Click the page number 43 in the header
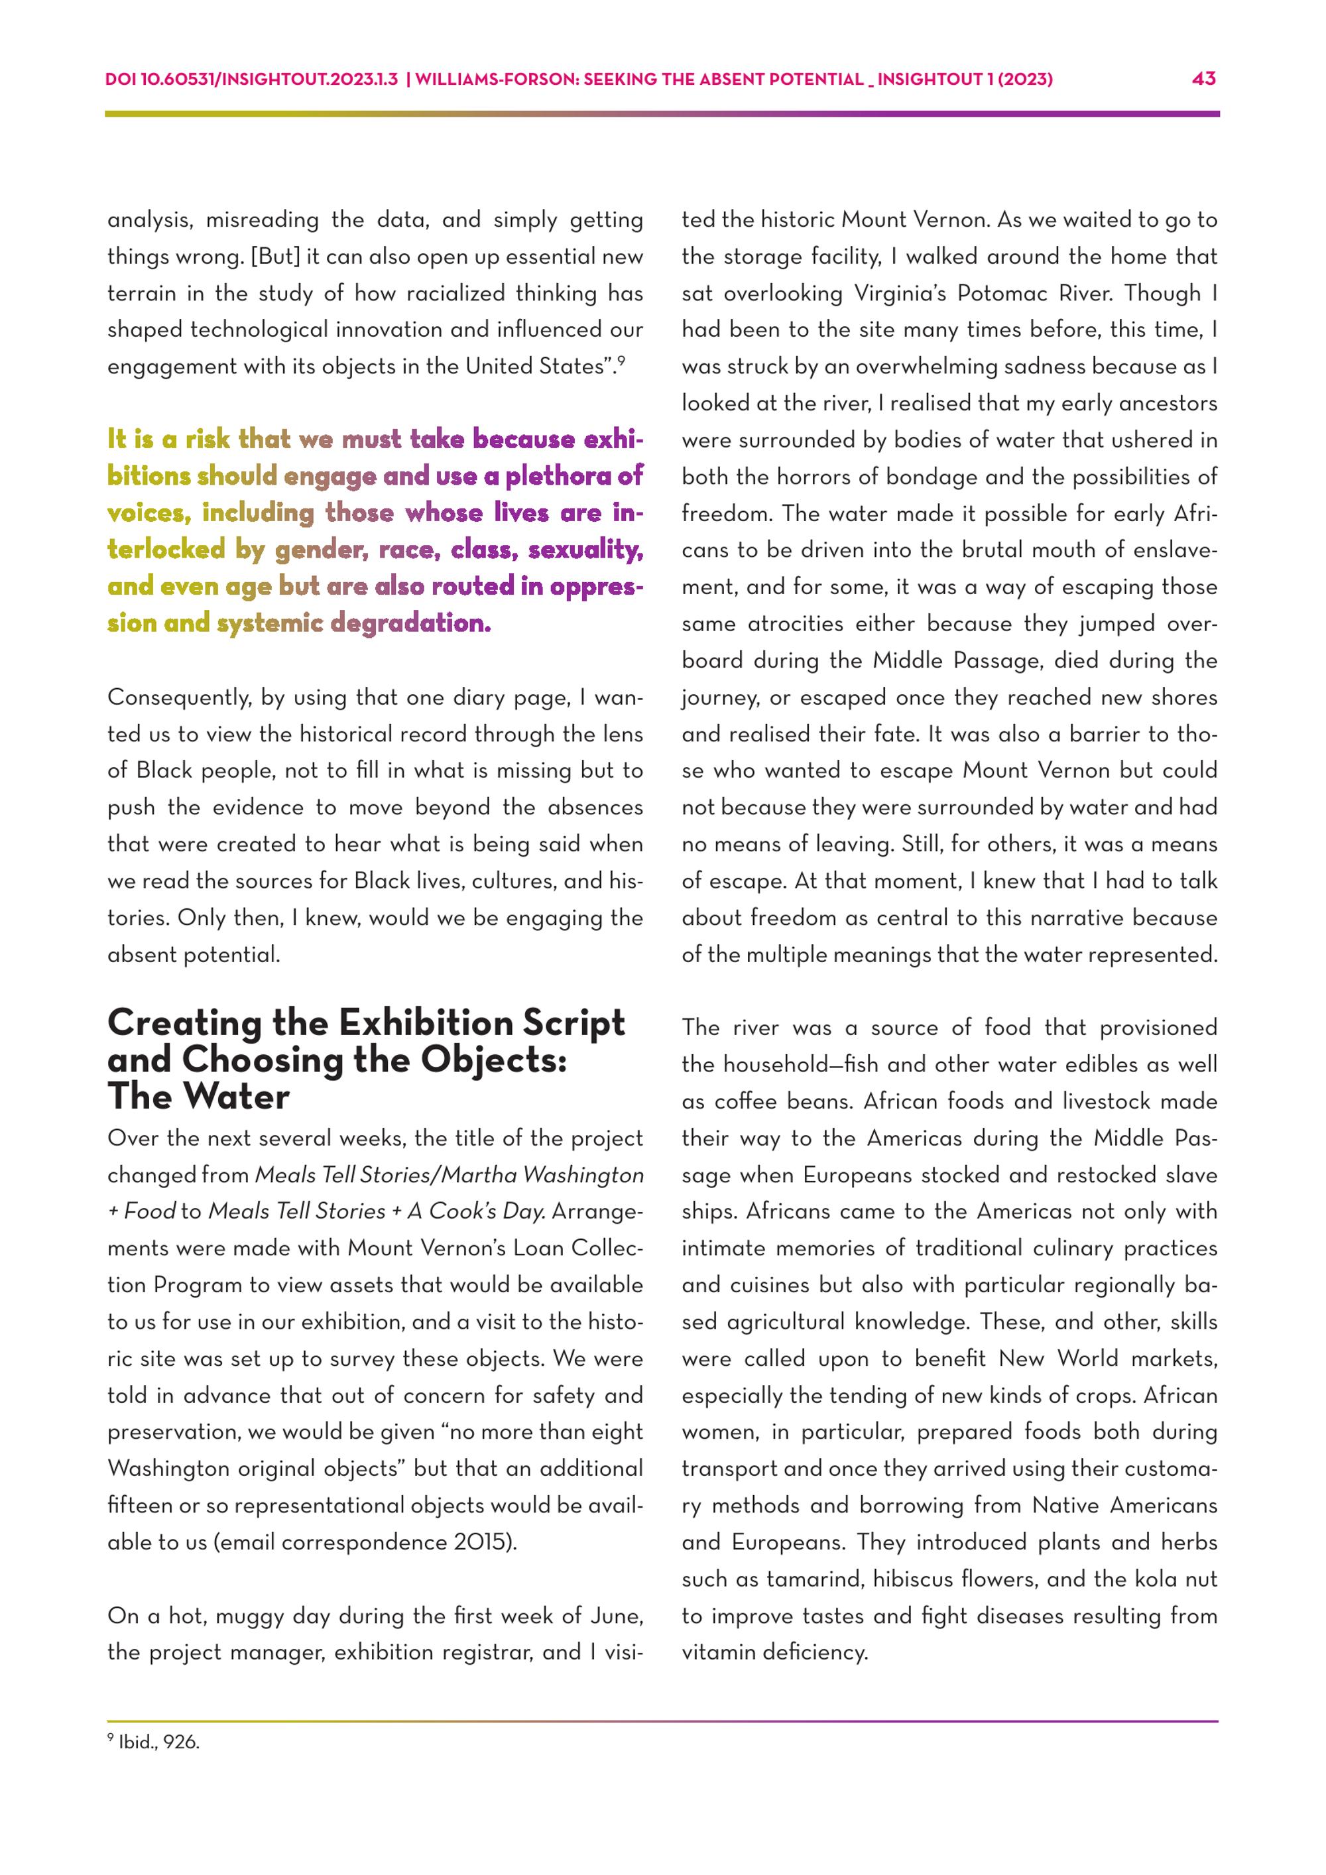[1203, 79]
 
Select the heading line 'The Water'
[198, 1096]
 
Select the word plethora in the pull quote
[557, 476]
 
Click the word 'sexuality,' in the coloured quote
[585, 550]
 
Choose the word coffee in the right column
[741, 1102]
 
